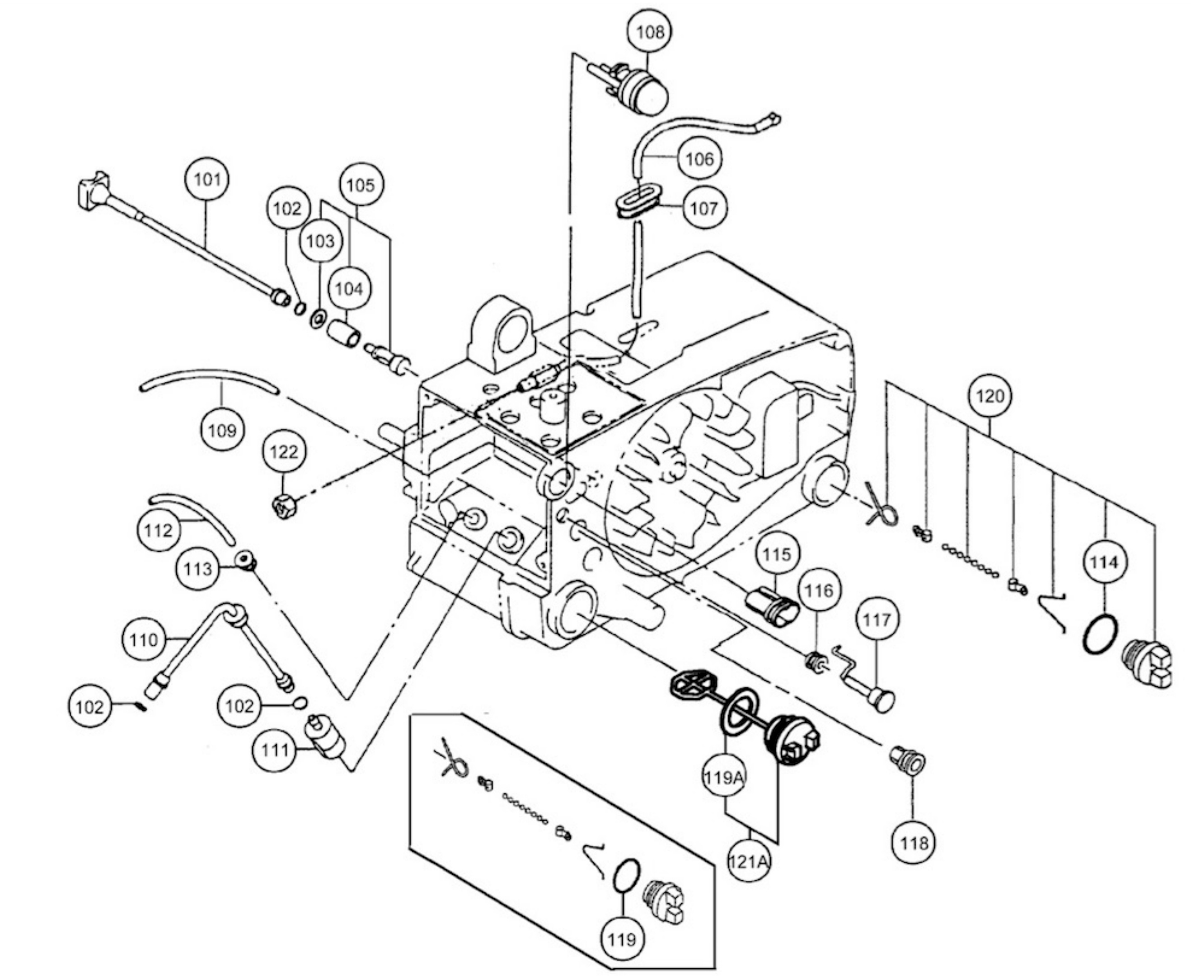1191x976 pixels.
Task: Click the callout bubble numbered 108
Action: (650, 32)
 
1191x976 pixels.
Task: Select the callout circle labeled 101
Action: (207, 180)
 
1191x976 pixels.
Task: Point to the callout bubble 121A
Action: (748, 861)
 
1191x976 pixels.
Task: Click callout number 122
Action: (284, 451)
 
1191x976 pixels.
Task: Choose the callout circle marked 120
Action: (990, 396)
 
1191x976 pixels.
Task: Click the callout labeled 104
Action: (349, 289)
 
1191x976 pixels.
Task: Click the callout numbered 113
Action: (198, 569)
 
